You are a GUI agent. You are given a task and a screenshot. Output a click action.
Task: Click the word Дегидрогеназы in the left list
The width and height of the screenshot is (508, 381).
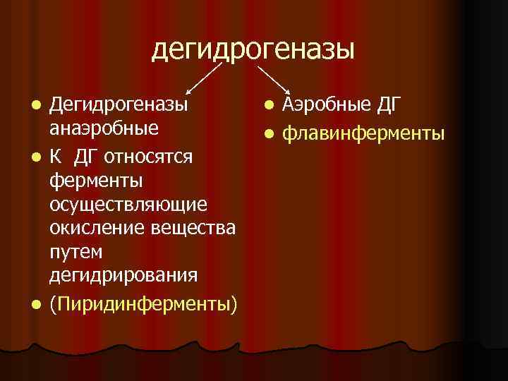[119, 106]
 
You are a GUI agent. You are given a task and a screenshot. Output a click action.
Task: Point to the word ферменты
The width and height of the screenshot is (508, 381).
[97, 179]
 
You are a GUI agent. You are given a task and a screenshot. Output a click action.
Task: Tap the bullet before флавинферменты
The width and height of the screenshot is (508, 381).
[270, 133]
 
